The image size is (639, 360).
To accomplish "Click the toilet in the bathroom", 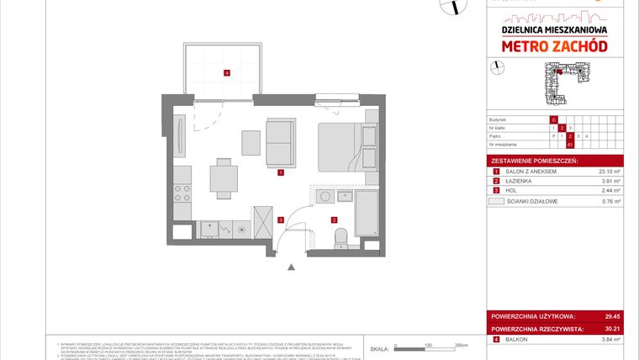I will click(341, 241).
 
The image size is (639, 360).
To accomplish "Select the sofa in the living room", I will click(280, 142).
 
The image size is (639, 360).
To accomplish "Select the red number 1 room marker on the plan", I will click(280, 173).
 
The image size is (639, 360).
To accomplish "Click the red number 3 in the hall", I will click(280, 220).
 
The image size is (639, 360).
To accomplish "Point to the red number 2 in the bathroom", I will click(334, 220).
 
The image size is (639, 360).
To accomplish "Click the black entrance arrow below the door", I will click(291, 267).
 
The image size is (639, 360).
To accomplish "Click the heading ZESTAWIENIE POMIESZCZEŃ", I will click(530, 160).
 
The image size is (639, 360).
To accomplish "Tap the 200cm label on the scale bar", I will click(460, 345).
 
